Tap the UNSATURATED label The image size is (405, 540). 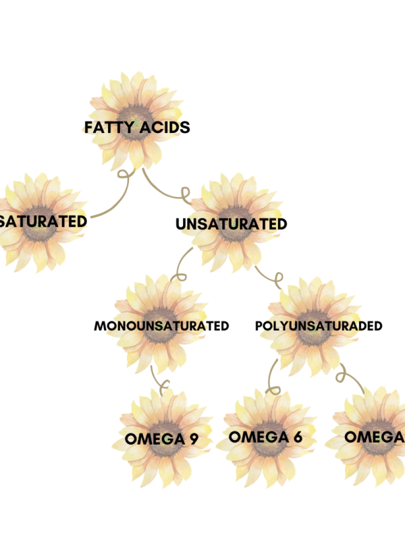(231, 223)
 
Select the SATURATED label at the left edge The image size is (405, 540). (43, 221)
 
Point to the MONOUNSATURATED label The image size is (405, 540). (161, 326)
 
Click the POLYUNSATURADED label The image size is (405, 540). (319, 326)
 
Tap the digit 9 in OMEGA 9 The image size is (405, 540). (194, 439)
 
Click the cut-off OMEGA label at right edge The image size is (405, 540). (375, 437)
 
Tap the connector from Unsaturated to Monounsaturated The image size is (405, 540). (182, 265)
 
